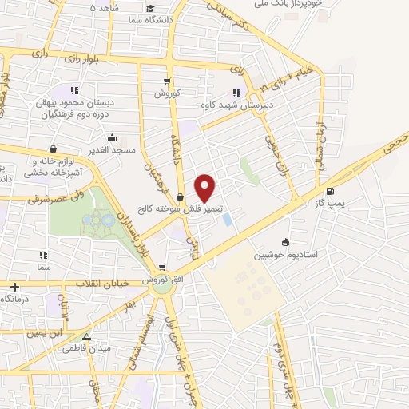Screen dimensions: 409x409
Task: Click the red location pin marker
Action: pyautogui.click(x=205, y=187)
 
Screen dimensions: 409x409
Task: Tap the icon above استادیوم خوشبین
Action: pyautogui.click(x=286, y=243)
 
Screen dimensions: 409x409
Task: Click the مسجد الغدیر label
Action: pyautogui.click(x=113, y=149)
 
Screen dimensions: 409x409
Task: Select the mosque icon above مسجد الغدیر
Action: pyautogui.click(x=113, y=137)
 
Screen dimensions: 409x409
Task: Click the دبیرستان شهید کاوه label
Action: pyautogui.click(x=236, y=104)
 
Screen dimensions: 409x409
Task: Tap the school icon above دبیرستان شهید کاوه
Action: pyautogui.click(x=236, y=92)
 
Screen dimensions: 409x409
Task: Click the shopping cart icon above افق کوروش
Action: pyautogui.click(x=162, y=268)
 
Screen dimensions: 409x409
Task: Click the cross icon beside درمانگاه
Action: pyautogui.click(x=14, y=287)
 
